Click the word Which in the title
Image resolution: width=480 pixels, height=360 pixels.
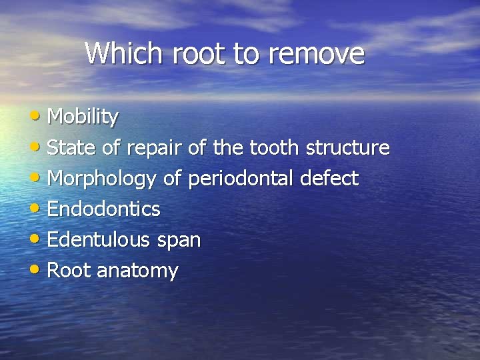tap(125, 53)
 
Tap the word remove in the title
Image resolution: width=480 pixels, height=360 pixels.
tap(317, 54)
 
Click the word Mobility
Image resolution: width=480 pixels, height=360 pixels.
tap(83, 117)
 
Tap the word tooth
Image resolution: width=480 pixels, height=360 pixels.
tap(276, 148)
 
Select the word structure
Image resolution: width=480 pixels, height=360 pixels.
tap(347, 148)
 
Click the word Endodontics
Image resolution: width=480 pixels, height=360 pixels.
tap(104, 209)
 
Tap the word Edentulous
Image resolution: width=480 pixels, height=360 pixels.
tap(100, 240)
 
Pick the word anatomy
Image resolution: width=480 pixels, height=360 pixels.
tap(137, 271)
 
